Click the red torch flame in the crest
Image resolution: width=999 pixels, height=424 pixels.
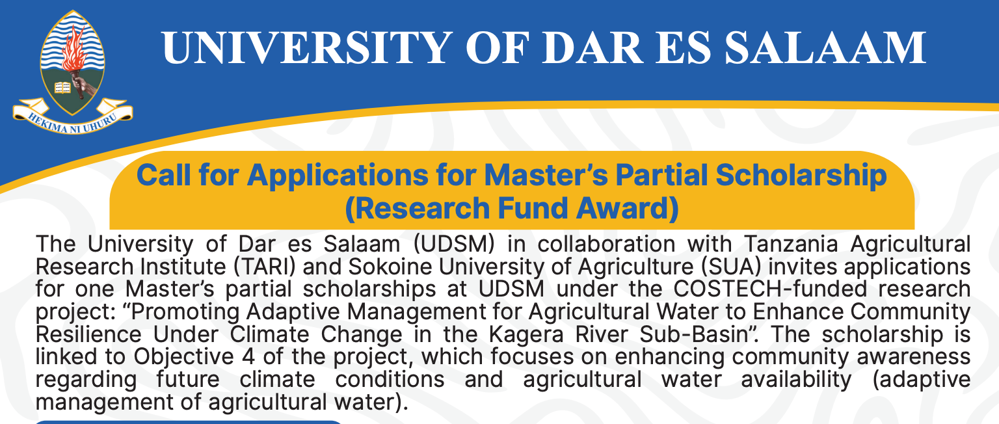pos(73,48)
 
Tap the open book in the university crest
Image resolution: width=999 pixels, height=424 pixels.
pos(62,87)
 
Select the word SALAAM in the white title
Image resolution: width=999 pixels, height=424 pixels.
pos(825,47)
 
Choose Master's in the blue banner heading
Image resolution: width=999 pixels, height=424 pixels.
pos(546,175)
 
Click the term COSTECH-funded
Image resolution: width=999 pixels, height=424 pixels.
pos(770,289)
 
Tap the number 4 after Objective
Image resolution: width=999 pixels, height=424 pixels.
pos(249,356)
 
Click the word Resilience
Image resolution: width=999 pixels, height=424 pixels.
pos(88,335)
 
